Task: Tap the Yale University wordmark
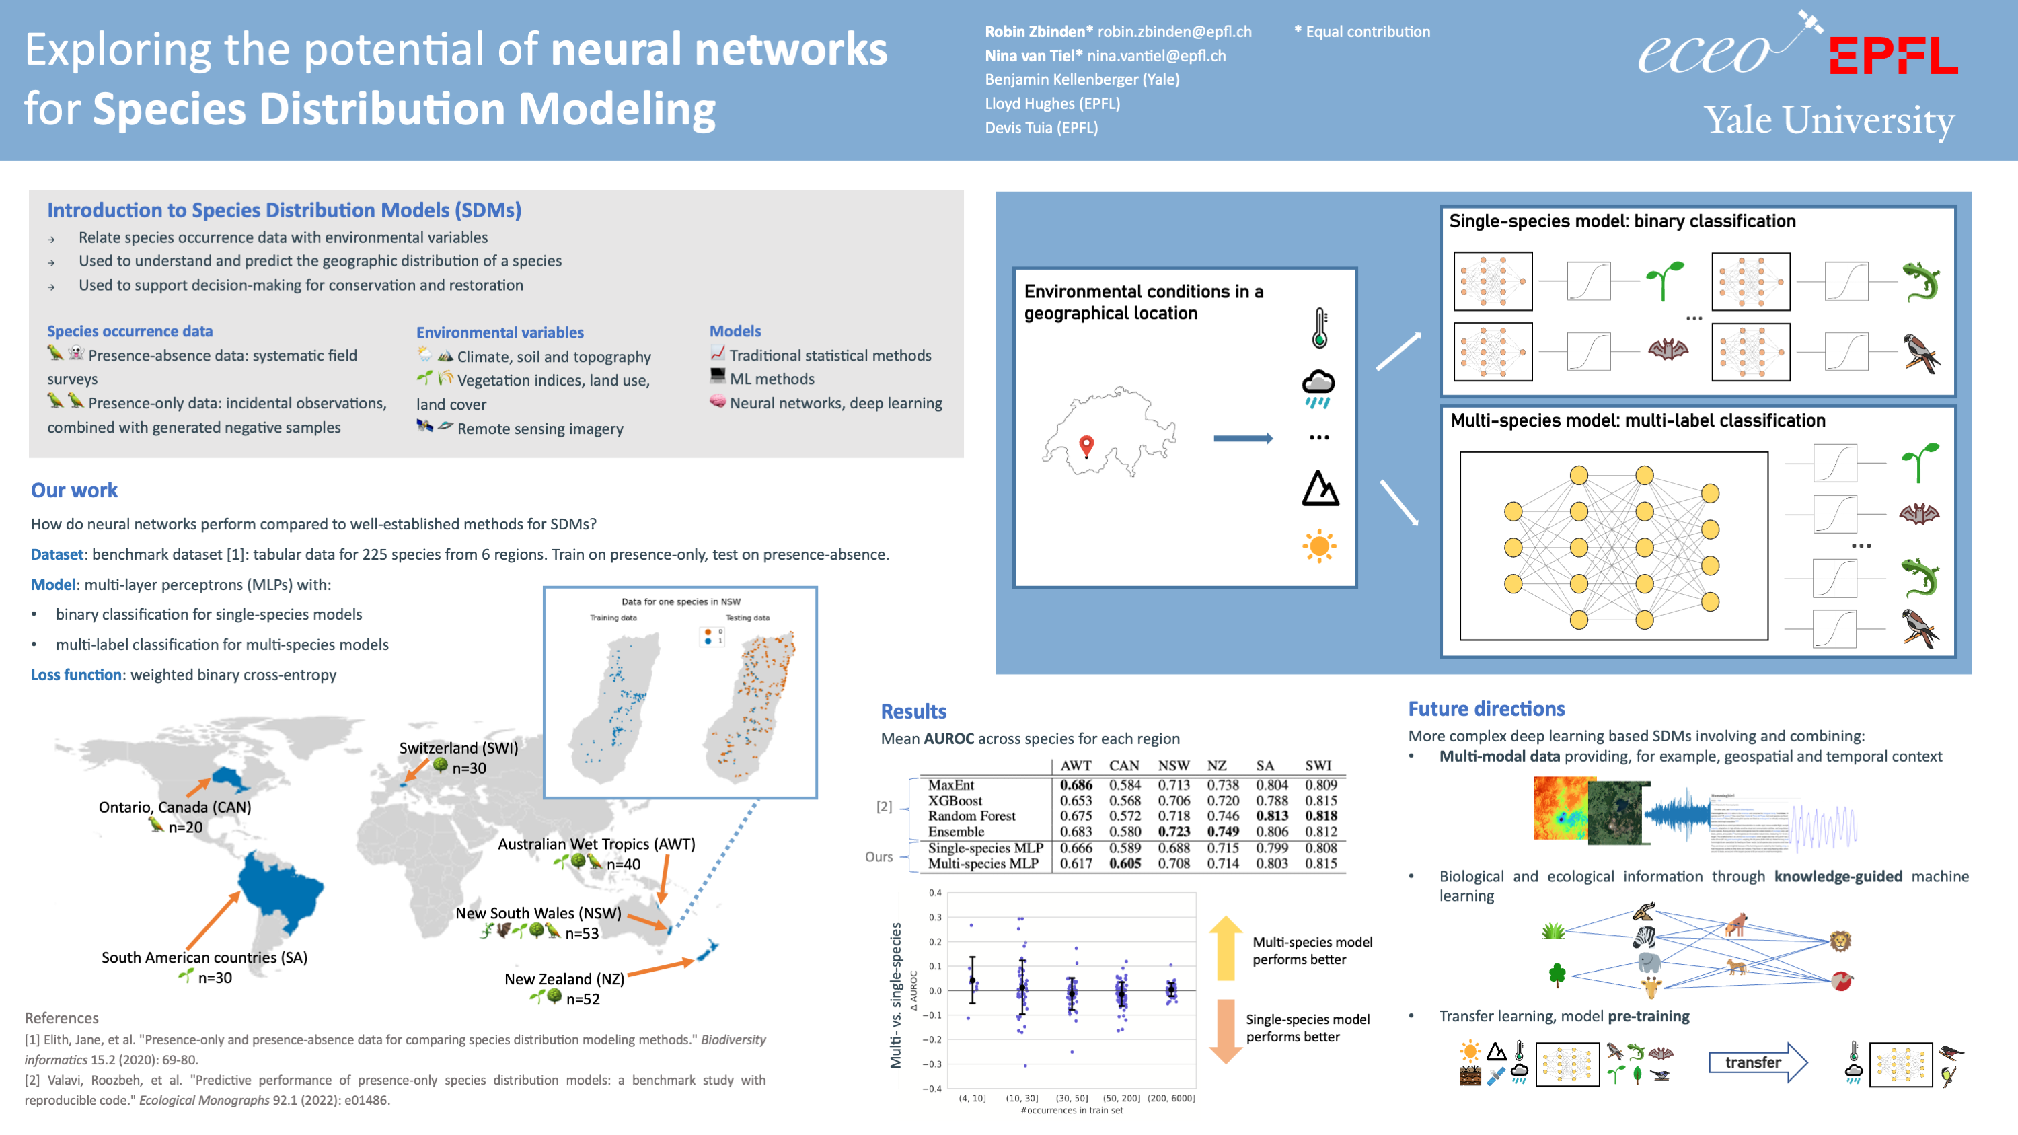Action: pos(1829,120)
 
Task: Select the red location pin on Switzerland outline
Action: pos(1086,445)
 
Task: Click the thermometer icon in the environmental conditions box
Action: pos(1320,328)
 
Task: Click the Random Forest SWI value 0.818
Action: pos(1321,815)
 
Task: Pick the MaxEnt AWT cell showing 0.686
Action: pos(1076,784)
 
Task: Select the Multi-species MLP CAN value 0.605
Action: pos(1124,863)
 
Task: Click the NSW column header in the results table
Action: pos(1174,765)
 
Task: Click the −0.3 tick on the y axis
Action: pos(934,1064)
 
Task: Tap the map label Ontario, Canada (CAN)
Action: pos(175,807)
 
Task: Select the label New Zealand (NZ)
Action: pos(564,978)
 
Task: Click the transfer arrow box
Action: pos(1756,1062)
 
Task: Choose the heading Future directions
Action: pos(1486,709)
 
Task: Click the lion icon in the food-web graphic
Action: pos(1840,940)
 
